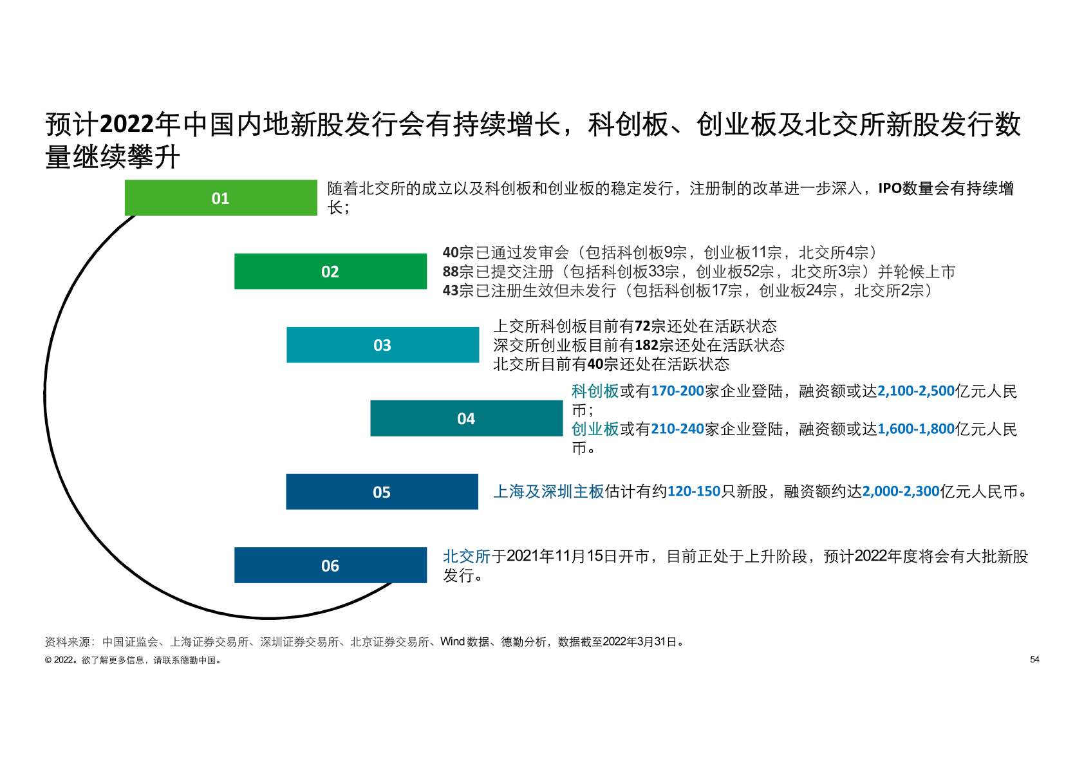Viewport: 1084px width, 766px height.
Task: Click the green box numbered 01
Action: (221, 198)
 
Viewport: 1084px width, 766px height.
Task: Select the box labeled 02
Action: (330, 272)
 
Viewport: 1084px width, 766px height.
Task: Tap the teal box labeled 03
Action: (383, 345)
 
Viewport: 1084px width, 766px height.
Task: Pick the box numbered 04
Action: (467, 418)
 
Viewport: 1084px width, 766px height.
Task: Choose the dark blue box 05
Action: (382, 492)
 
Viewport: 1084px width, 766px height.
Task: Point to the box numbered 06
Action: (330, 565)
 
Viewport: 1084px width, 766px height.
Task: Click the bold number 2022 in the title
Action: (127, 124)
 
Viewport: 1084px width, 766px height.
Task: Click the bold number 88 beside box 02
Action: (451, 272)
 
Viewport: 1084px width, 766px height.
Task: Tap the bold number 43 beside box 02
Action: (451, 290)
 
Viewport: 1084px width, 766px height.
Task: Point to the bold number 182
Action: (646, 346)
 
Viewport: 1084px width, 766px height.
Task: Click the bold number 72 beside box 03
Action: (642, 326)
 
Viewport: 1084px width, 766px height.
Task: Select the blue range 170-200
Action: (677, 391)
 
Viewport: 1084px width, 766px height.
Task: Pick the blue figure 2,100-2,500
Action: (916, 391)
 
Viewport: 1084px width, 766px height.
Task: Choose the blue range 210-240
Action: (677, 429)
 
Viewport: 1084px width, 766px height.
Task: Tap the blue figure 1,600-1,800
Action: (916, 429)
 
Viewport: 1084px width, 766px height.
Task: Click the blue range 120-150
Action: (694, 492)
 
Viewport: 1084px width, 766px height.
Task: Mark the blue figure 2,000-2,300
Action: (901, 492)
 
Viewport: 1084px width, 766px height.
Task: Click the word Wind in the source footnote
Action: (453, 642)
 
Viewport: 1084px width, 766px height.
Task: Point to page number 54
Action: (1034, 660)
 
